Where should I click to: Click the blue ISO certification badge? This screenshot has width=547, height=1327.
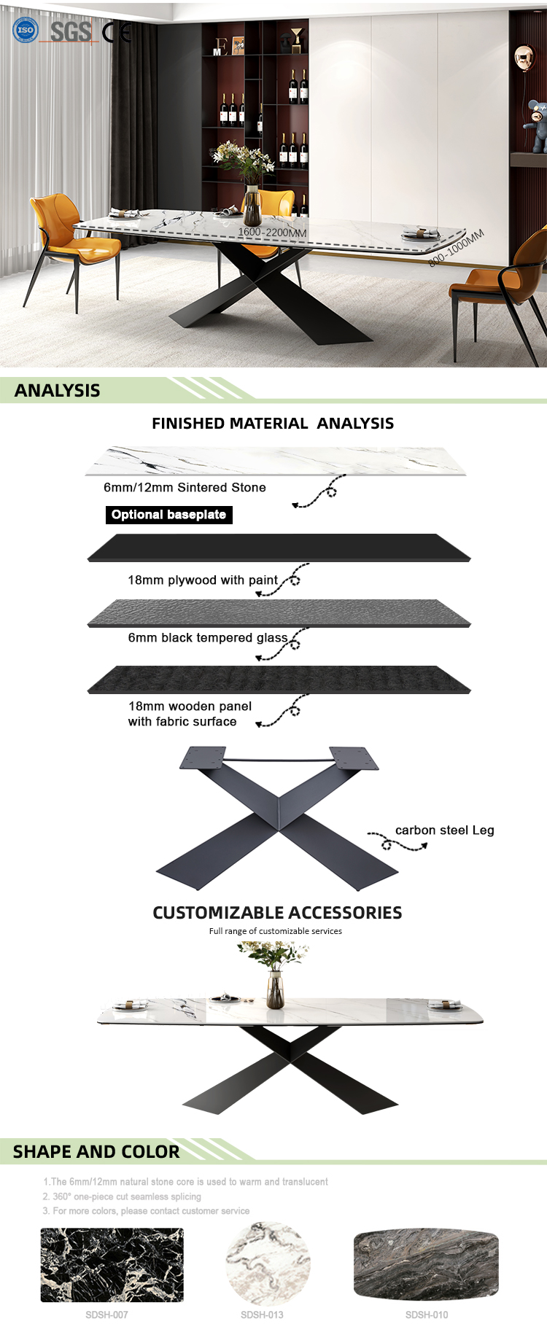click(26, 30)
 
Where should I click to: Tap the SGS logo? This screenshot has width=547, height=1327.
click(70, 31)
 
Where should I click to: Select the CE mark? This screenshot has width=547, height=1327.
click(117, 32)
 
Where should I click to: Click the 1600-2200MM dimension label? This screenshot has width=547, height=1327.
click(272, 232)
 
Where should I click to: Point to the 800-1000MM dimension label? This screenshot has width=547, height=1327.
click(457, 248)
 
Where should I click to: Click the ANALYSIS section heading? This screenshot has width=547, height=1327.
click(58, 390)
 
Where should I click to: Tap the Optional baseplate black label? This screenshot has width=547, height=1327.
click(168, 515)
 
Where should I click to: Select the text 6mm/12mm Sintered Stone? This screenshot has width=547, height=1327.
click(185, 487)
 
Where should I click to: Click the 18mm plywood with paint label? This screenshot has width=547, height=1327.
click(203, 580)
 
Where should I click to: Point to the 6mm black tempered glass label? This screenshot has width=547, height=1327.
click(208, 637)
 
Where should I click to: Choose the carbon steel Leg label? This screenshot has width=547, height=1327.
click(445, 830)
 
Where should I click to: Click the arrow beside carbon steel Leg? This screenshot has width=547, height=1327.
click(397, 842)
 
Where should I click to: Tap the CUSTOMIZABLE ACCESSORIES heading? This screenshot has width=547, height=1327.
click(277, 913)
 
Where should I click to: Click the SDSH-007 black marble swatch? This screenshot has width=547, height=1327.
click(112, 1265)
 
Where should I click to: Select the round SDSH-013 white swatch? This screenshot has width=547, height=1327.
click(268, 1264)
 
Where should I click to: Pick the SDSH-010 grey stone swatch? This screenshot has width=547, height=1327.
click(426, 1264)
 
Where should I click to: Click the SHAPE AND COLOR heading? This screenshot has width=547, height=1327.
click(96, 1152)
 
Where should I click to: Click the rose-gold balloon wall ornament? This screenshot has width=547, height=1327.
click(525, 57)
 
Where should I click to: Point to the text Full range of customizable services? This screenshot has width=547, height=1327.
click(276, 931)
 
